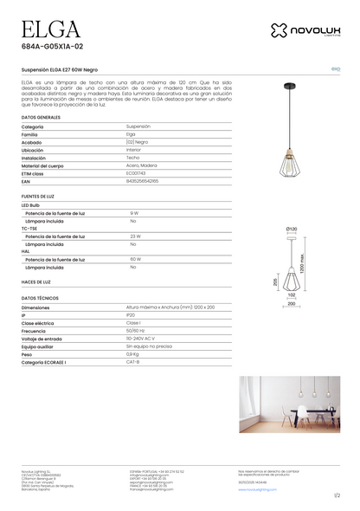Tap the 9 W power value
click(x=134, y=212)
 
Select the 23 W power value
click(x=135, y=236)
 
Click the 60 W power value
click(x=135, y=259)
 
